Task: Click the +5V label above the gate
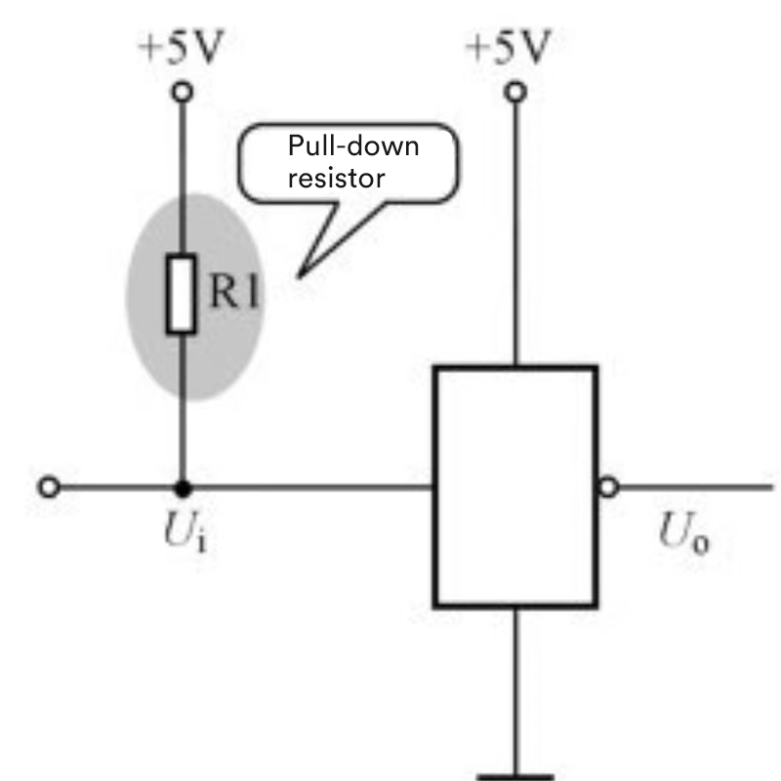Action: tap(509, 45)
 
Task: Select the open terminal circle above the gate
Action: tap(514, 93)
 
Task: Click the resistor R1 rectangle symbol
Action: tap(182, 294)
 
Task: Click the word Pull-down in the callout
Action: tap(353, 147)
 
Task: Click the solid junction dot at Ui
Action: tap(182, 486)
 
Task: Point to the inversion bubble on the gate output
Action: tap(608, 486)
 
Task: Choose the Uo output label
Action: tap(683, 536)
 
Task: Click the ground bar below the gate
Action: tap(514, 776)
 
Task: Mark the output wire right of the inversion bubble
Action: tap(693, 486)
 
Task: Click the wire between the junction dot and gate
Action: tap(312, 486)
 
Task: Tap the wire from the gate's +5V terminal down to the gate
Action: tap(514, 234)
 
